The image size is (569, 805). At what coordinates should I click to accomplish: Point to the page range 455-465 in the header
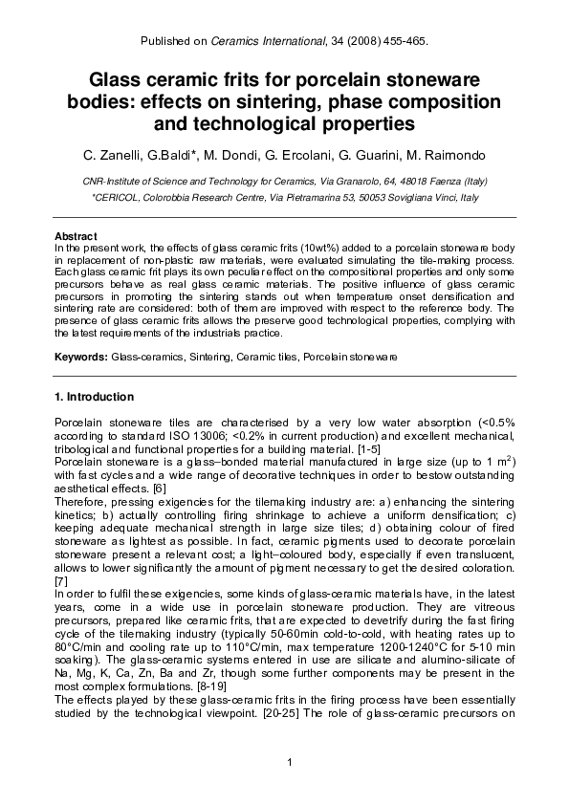pyautogui.click(x=403, y=42)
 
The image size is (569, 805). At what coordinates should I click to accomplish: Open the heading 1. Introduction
pyautogui.click(x=94, y=397)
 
